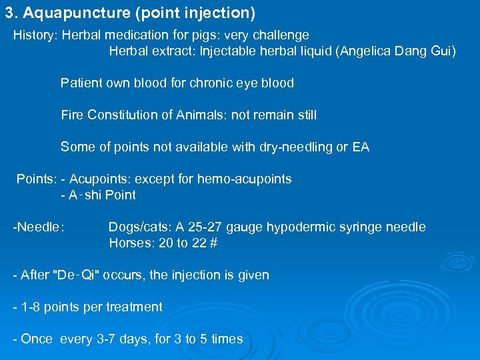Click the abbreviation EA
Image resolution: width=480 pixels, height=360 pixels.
[361, 147]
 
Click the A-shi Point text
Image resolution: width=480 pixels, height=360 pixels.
[102, 195]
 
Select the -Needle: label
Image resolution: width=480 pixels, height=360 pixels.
[39, 227]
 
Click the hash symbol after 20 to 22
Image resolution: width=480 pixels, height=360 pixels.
[213, 243]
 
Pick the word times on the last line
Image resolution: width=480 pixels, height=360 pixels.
[227, 339]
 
